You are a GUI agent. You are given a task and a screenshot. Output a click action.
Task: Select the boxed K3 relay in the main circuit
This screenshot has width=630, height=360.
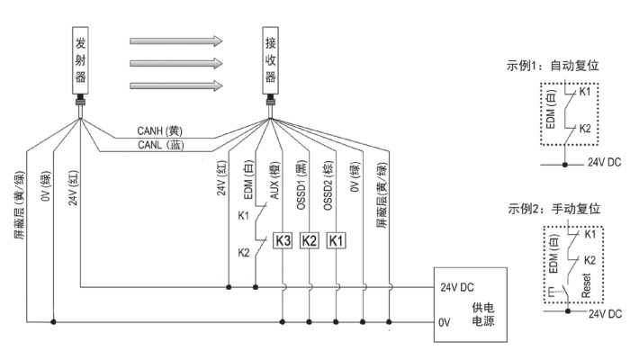coord(283,240)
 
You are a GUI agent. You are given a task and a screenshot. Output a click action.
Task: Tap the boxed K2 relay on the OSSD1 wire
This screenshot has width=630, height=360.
coord(310,240)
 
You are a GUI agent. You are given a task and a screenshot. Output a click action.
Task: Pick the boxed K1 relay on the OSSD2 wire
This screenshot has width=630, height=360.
coord(336,240)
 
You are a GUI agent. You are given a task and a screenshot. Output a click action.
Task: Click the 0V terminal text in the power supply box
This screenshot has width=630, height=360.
coord(445,320)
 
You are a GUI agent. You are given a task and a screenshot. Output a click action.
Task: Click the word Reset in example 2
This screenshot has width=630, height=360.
coord(587,287)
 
